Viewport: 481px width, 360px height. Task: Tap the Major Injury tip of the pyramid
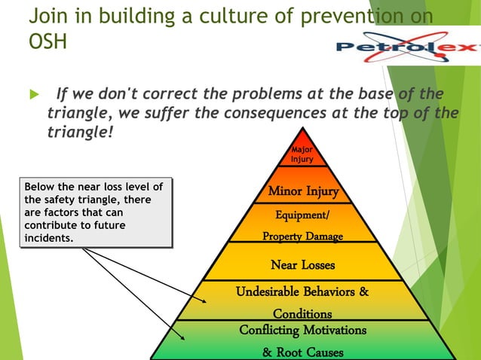302,154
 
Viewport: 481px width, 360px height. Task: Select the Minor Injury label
303,191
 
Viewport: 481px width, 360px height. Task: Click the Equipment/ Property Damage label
302,226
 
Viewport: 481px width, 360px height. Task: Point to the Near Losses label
302,265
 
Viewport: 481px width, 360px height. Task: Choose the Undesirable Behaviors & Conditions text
302,302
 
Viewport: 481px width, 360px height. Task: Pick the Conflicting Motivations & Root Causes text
302,340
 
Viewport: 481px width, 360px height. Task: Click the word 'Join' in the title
50,15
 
